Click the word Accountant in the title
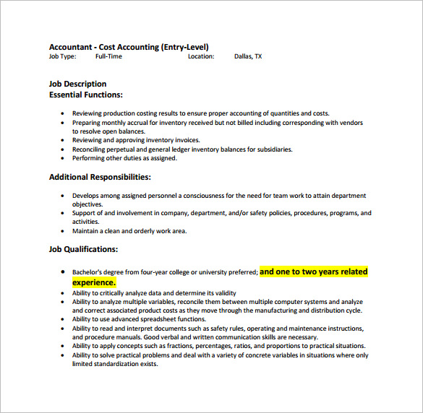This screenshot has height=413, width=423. (x=70, y=47)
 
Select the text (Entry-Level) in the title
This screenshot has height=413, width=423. (x=184, y=47)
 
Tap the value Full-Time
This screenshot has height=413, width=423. (x=108, y=56)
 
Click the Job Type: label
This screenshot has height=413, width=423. (x=64, y=56)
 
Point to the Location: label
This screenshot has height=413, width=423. (x=201, y=56)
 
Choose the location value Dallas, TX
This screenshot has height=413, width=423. (x=248, y=56)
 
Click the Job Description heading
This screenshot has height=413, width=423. (x=77, y=84)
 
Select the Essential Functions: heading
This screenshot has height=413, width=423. (x=85, y=95)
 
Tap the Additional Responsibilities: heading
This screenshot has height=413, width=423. (x=100, y=177)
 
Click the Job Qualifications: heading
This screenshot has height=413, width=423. (x=83, y=249)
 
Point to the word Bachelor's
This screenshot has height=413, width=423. (x=88, y=272)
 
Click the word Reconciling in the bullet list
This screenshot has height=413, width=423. (x=89, y=149)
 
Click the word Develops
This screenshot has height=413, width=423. (x=86, y=196)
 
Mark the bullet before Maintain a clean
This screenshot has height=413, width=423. (x=64, y=231)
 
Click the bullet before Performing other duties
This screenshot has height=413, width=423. (x=64, y=158)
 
